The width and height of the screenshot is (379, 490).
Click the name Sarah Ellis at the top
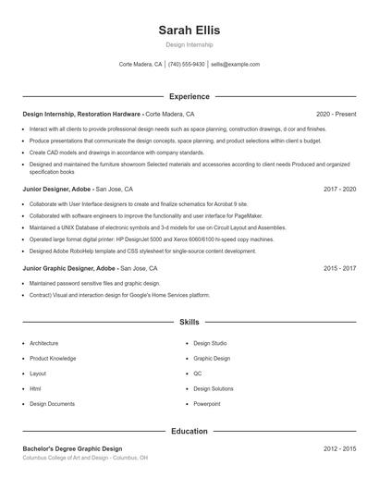click(x=189, y=30)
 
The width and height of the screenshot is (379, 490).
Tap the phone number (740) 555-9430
click(x=187, y=65)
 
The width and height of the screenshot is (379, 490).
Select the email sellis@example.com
click(x=235, y=65)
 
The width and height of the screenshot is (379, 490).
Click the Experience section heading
click(x=189, y=96)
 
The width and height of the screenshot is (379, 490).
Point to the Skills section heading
click(x=189, y=323)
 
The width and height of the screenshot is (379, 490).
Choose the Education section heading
click(x=189, y=431)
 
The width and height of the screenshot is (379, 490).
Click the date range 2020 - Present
click(x=336, y=114)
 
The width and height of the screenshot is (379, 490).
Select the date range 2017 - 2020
click(x=340, y=189)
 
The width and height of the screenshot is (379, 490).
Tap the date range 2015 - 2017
click(x=340, y=268)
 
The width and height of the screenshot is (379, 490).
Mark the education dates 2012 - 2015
click(x=340, y=448)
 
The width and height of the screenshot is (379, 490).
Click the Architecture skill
click(x=44, y=343)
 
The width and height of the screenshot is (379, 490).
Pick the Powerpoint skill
click(x=207, y=404)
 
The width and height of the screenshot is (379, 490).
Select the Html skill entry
click(x=36, y=389)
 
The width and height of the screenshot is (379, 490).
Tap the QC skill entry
click(x=198, y=374)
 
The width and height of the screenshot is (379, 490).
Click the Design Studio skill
click(x=210, y=343)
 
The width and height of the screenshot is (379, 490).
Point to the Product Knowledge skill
click(x=53, y=358)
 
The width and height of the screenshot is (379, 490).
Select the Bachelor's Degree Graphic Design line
click(x=72, y=448)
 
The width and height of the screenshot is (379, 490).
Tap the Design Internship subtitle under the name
click(x=189, y=44)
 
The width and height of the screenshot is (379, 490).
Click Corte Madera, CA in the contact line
click(x=141, y=65)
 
